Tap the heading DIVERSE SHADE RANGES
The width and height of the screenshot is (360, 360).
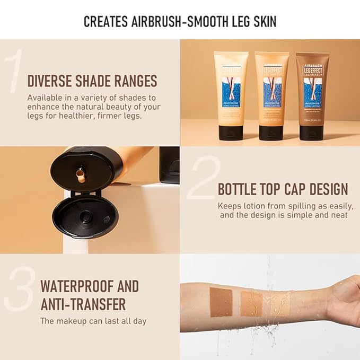[92, 81]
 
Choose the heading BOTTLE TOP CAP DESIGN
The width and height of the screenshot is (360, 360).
[283, 189]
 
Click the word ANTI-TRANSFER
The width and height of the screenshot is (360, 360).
[83, 304]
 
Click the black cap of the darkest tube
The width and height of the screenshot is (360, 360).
[312, 131]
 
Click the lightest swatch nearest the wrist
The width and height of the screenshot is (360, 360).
[280, 304]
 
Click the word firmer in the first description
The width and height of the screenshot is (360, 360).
[94, 115]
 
